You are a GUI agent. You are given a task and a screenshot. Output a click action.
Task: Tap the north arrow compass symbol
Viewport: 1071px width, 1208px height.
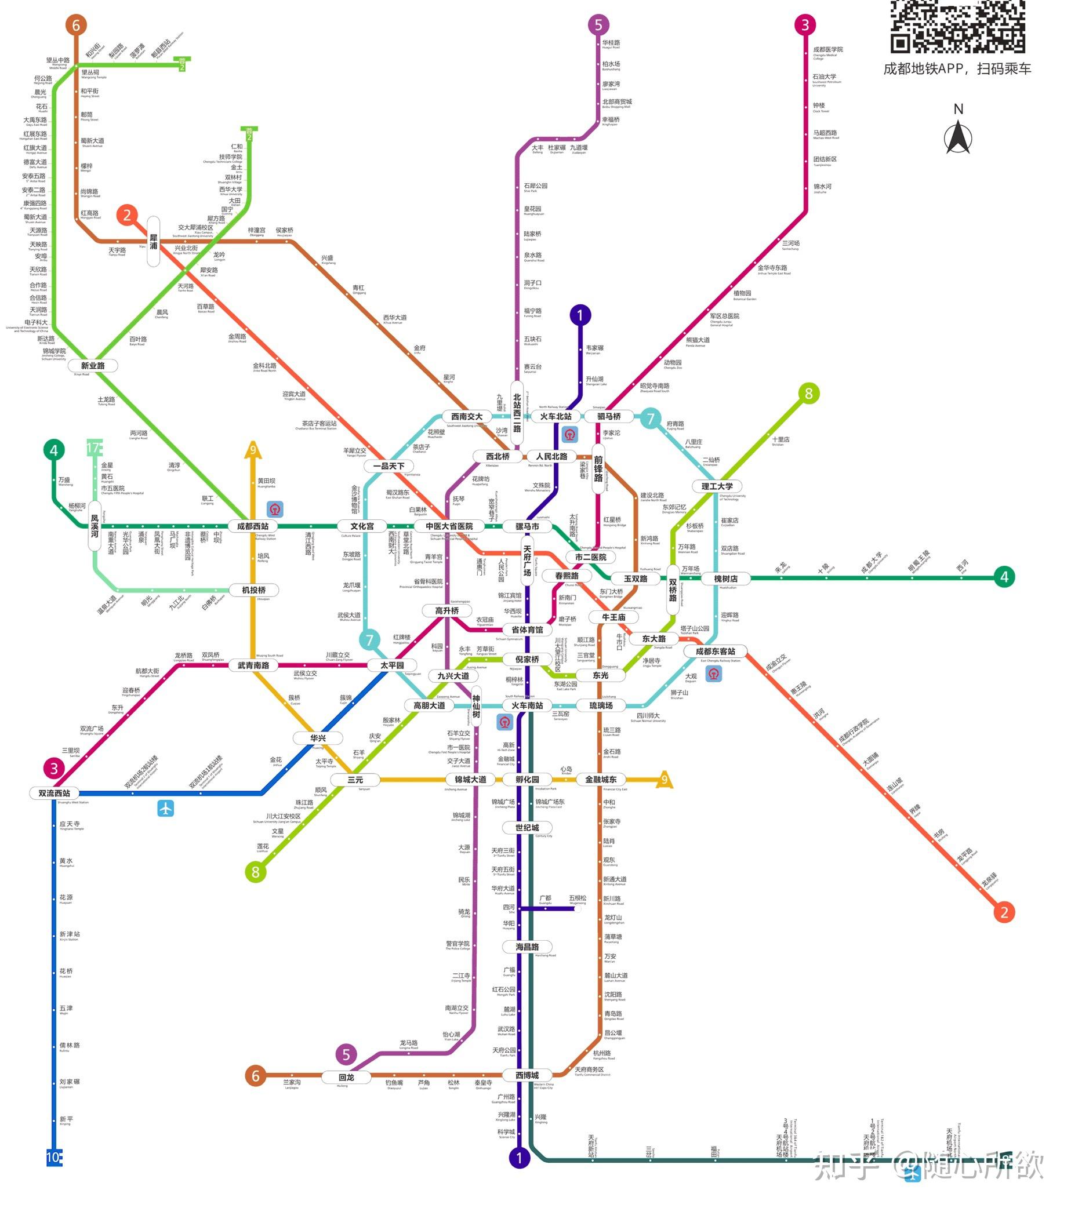click(958, 137)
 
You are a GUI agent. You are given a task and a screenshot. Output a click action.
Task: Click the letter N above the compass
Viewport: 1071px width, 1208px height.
click(958, 109)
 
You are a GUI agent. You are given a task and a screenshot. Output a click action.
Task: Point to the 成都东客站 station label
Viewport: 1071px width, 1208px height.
click(715, 651)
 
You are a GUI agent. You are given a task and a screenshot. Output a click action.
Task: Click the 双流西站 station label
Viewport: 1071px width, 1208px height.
click(55, 792)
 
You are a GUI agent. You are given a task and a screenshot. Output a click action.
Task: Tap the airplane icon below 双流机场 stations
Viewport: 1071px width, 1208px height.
click(165, 808)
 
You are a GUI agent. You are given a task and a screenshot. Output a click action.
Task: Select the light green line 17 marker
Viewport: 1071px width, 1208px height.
click(95, 447)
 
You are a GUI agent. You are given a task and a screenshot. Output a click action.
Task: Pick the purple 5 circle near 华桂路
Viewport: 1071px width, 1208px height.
click(598, 25)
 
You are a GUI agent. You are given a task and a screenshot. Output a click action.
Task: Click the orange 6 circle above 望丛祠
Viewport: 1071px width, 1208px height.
click(76, 25)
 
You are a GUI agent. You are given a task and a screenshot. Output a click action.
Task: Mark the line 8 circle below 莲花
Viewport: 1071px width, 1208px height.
click(255, 872)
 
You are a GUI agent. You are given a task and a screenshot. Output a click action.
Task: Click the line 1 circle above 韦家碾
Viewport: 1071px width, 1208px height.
click(580, 315)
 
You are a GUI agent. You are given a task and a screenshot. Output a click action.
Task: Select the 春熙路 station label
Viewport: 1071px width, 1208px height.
click(567, 575)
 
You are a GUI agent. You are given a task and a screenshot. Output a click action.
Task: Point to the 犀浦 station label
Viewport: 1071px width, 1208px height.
click(153, 242)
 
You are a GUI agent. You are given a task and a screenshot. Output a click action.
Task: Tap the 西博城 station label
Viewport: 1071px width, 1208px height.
click(527, 1075)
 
